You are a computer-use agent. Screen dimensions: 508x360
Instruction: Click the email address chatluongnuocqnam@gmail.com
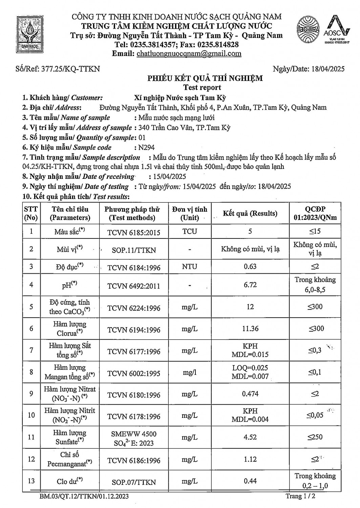click(x=189, y=54)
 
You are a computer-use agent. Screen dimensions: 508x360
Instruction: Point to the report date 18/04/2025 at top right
click(x=327, y=69)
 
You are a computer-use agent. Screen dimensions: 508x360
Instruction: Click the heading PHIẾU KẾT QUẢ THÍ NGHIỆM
click(x=205, y=79)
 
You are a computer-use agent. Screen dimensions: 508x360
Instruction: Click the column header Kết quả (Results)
click(x=250, y=213)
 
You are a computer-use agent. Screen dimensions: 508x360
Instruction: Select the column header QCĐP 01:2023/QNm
click(x=315, y=213)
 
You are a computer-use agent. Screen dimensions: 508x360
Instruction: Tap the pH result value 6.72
click(x=250, y=285)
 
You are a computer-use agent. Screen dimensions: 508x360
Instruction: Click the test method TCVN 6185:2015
click(x=134, y=232)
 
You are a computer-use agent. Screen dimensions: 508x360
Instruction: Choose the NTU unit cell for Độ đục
click(x=189, y=267)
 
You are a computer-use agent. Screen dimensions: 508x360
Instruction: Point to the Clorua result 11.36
click(x=250, y=329)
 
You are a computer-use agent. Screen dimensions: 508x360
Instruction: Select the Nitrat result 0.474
click(x=250, y=394)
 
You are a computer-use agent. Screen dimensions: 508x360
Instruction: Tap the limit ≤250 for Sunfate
click(x=315, y=437)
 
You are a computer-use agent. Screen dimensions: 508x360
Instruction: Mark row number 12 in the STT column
click(x=31, y=459)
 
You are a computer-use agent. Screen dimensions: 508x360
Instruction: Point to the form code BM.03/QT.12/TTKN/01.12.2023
click(x=84, y=496)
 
